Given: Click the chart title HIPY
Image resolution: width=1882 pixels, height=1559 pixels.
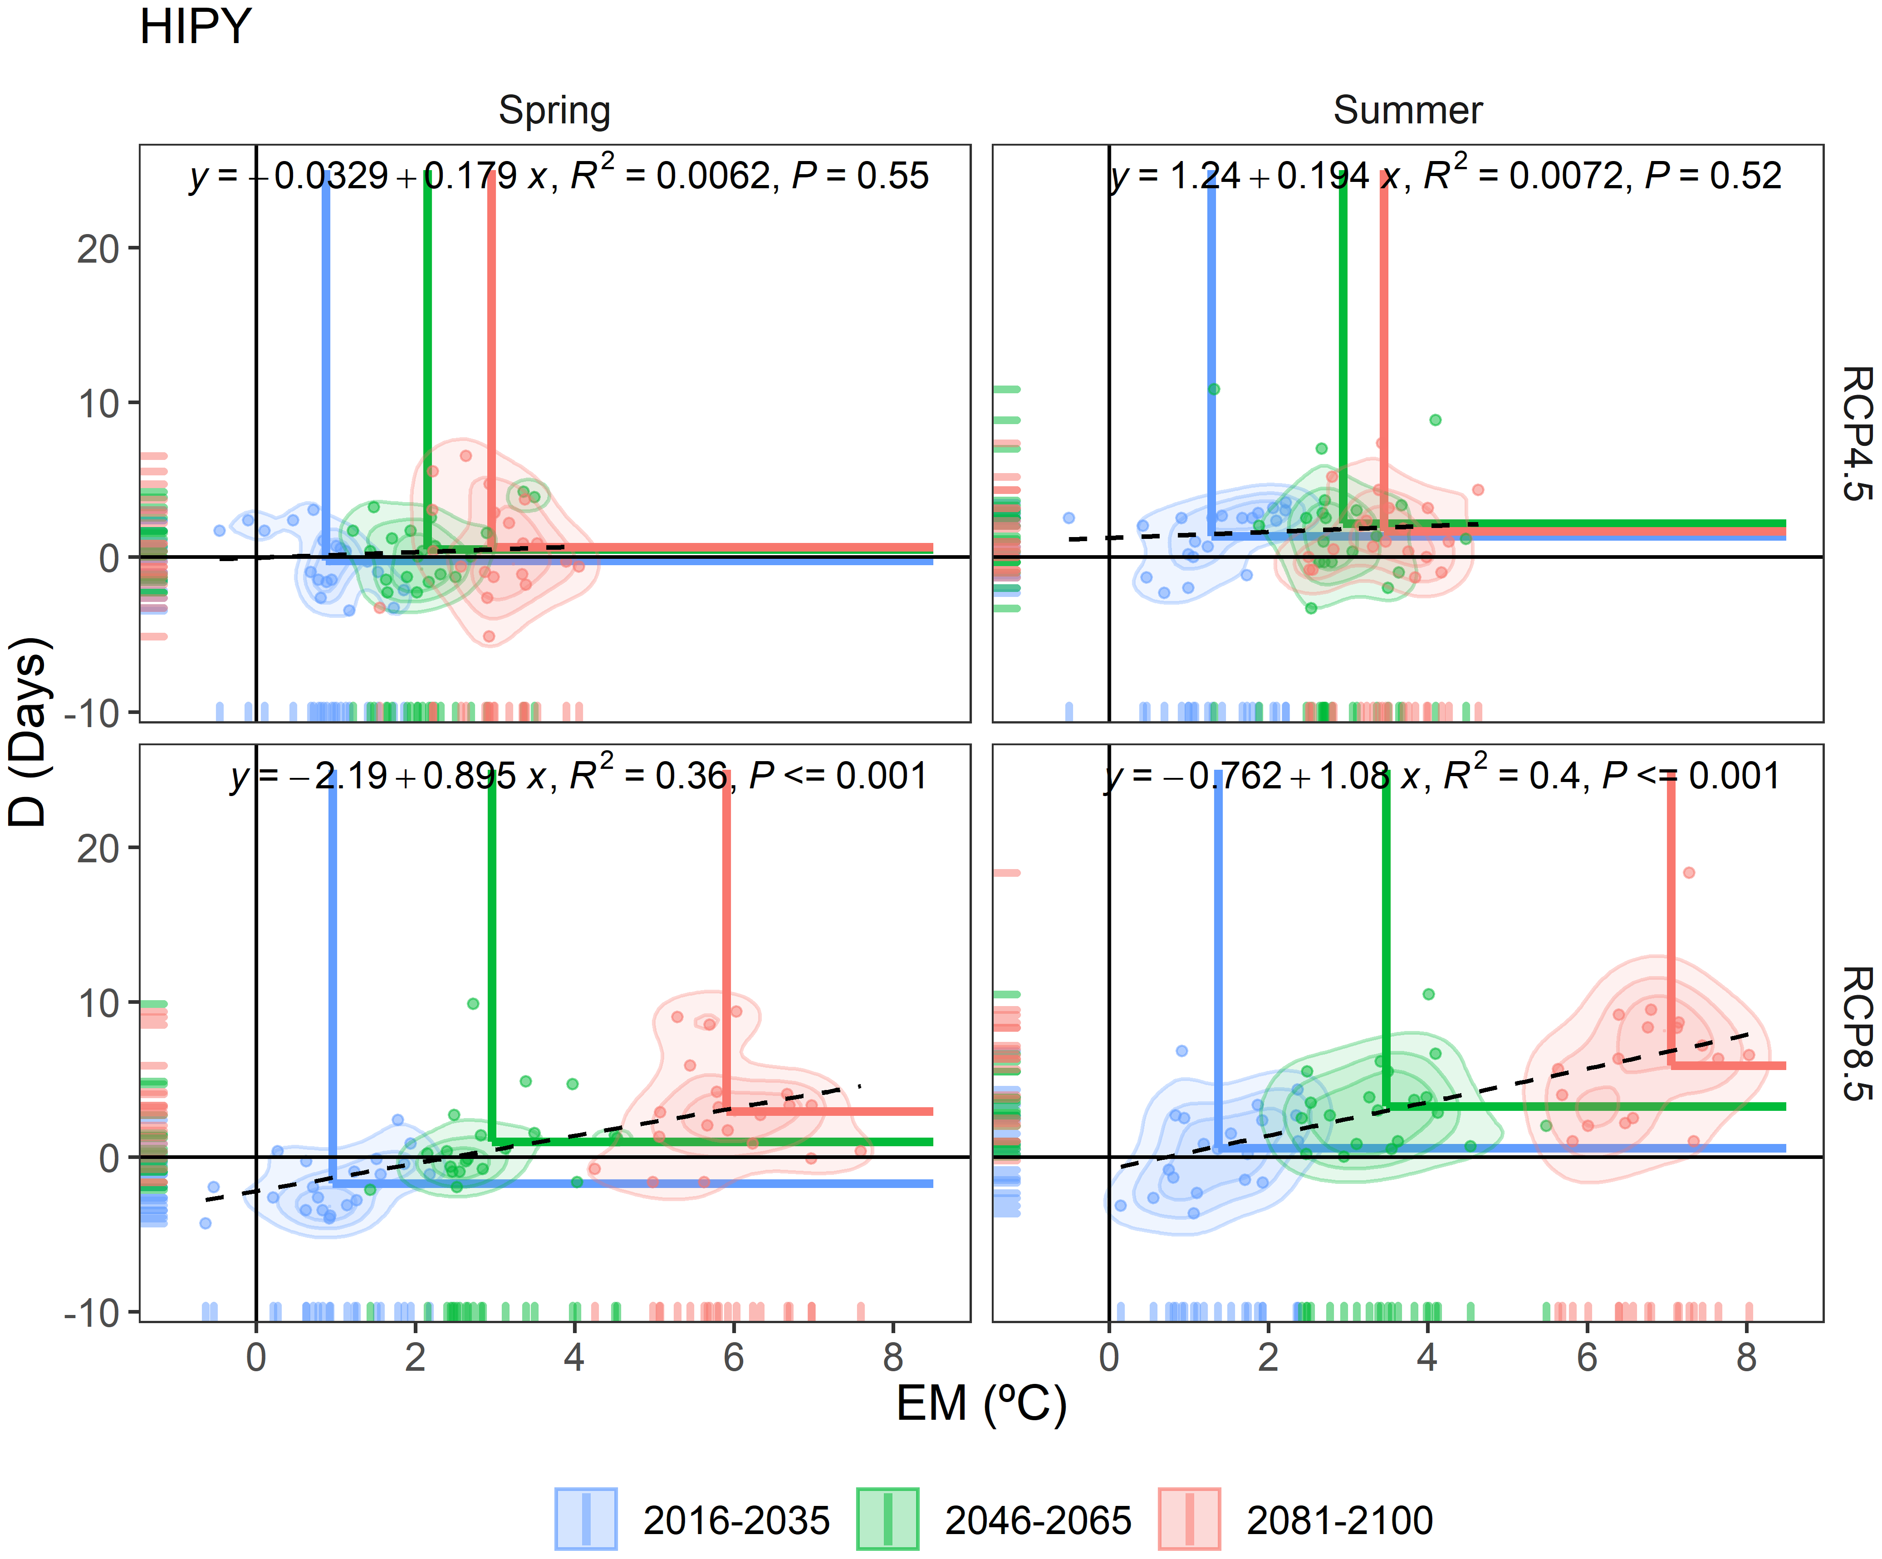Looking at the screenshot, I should click(195, 27).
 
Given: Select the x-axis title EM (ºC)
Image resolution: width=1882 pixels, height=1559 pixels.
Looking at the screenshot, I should click(981, 1404).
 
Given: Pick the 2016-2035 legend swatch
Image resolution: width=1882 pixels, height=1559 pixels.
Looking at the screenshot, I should click(585, 1519).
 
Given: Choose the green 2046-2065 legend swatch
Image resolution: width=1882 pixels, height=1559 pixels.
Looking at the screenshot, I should click(887, 1519).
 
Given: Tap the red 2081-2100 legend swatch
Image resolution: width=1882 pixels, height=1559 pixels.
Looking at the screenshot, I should click(1189, 1519).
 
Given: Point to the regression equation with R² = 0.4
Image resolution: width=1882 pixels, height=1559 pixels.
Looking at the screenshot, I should click(1443, 776).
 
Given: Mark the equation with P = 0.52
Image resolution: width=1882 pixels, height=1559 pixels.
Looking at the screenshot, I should click(1445, 176).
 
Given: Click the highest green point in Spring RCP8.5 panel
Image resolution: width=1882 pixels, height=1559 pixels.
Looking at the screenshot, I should click(473, 1003).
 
